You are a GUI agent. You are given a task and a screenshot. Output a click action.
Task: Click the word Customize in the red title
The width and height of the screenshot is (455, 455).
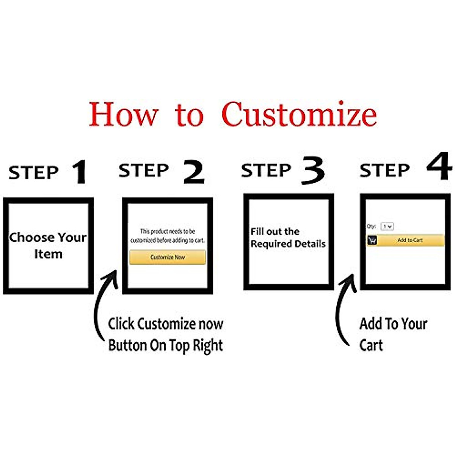[x=299, y=114]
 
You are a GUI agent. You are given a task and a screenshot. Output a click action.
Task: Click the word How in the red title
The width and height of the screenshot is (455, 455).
[x=123, y=114]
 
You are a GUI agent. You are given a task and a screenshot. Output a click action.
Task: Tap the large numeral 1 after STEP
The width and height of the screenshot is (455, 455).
[x=80, y=173]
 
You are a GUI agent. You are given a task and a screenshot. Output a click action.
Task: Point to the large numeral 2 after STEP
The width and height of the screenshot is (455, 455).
[x=194, y=172]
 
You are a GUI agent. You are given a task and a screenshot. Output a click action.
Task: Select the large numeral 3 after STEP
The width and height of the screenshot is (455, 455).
[x=313, y=171]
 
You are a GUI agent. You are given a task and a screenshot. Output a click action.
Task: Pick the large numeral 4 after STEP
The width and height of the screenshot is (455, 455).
[x=439, y=167]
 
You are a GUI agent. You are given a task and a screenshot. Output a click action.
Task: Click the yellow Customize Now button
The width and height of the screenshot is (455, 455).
[x=168, y=257]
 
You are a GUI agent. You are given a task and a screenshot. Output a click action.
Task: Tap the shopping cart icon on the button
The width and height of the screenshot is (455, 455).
[x=372, y=240]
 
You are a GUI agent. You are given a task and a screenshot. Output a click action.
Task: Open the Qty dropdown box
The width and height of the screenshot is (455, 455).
[x=387, y=226]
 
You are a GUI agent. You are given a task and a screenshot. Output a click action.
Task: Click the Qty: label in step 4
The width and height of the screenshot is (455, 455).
[x=371, y=226]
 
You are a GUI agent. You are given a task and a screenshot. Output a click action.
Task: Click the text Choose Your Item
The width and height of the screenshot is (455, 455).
[x=48, y=245]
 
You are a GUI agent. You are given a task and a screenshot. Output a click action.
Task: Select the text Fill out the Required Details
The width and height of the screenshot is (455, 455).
[x=288, y=238]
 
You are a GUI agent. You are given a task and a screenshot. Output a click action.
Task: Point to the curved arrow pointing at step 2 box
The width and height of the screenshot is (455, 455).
[x=103, y=303]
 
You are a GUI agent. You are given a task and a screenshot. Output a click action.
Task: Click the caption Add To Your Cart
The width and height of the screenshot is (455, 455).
[x=393, y=334]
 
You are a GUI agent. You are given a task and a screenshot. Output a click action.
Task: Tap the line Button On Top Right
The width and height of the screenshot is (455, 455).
[x=165, y=345]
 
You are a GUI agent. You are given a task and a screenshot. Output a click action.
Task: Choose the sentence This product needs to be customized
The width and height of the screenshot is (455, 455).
[x=167, y=235]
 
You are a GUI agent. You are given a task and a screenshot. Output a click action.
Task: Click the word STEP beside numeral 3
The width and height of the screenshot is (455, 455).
[x=266, y=171]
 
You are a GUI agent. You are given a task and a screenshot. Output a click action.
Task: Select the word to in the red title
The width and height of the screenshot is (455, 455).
[x=189, y=115]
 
